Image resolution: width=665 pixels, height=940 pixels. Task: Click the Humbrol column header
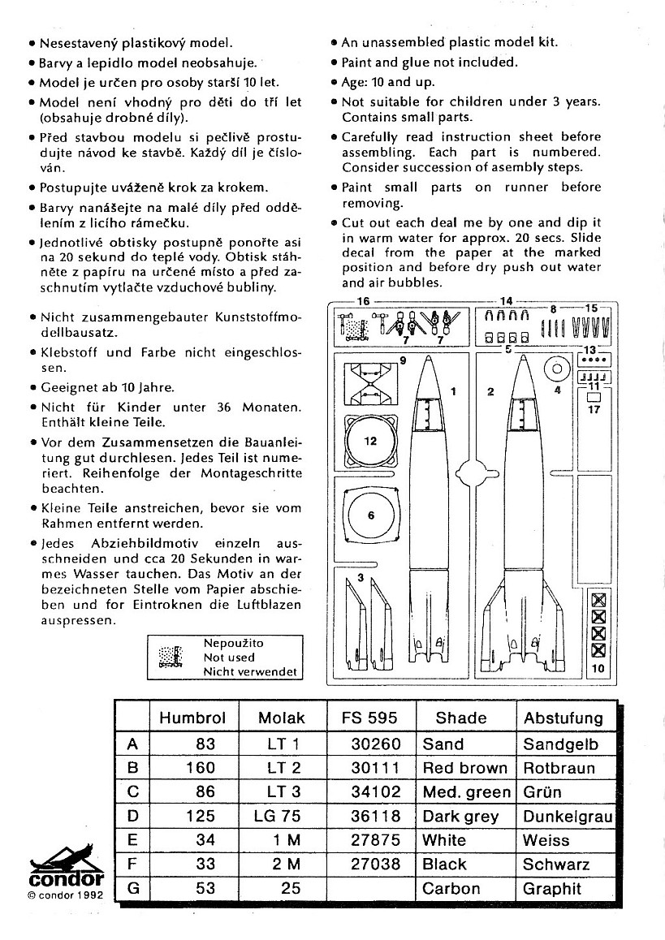(192, 718)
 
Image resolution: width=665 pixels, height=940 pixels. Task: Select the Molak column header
(281, 718)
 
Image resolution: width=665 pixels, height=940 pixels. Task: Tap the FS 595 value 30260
(375, 744)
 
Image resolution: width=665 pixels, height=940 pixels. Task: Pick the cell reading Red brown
(464, 768)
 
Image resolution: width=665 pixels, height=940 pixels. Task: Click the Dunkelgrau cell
(568, 817)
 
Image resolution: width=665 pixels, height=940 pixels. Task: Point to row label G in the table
(133, 888)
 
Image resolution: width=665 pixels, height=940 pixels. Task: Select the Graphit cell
(552, 888)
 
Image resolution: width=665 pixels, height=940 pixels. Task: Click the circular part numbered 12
(370, 442)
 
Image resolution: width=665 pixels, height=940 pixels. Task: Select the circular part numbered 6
(370, 515)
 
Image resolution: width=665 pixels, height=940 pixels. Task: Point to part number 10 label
(598, 669)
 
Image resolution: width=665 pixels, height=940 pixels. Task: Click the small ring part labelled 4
(559, 369)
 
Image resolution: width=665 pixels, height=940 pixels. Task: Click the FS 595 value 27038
(375, 865)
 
